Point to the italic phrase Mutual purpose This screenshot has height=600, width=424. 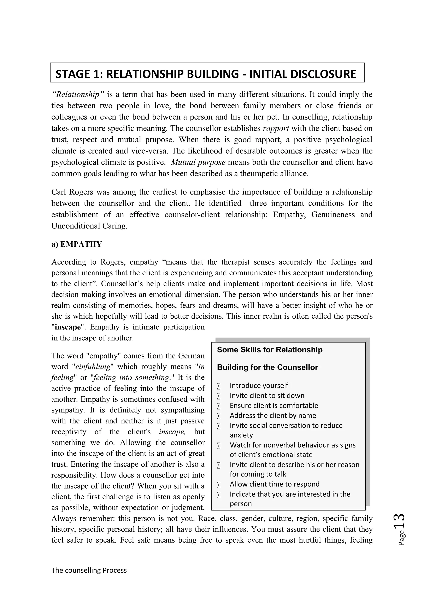[198, 162]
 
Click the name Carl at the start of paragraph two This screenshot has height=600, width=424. [59, 192]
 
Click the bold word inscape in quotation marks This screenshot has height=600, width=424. [67, 327]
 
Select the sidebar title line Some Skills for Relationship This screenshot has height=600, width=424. [270, 350]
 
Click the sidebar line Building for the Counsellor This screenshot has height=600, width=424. [267, 367]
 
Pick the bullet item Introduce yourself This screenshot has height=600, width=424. [259, 385]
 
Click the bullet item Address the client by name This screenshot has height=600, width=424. [273, 415]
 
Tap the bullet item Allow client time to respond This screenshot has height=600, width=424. [274, 484]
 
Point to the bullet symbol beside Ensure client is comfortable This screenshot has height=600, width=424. [219, 406]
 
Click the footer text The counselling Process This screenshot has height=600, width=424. [89, 570]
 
